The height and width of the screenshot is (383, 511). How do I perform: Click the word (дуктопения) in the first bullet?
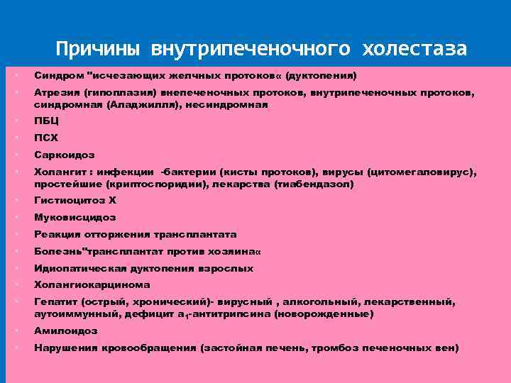click(321, 75)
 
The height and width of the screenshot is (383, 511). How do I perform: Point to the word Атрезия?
click(57, 92)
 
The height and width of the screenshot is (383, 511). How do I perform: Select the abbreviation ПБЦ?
click(47, 121)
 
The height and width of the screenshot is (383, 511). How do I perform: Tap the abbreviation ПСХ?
click(47, 138)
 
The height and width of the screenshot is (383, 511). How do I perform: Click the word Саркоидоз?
click(65, 155)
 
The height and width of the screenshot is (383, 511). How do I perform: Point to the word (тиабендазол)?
click(313, 183)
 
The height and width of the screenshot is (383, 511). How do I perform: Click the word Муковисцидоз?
click(75, 217)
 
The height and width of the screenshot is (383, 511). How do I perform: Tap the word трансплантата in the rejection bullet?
click(192, 234)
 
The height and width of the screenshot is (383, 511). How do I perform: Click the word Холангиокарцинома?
click(92, 285)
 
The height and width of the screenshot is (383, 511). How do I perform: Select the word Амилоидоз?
click(66, 331)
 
